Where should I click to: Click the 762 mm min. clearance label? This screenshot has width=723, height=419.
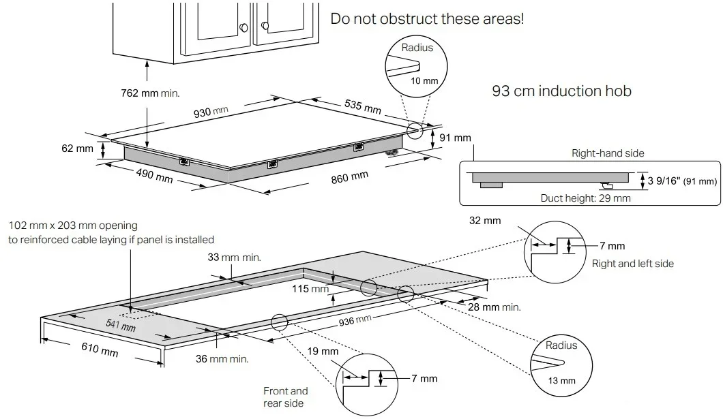(x=151, y=93)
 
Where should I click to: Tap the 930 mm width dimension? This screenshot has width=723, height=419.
(x=211, y=112)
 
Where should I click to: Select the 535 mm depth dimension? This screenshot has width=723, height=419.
(x=362, y=106)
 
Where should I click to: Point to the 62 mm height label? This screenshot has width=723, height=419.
(x=77, y=149)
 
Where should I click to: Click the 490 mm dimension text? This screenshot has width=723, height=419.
(x=153, y=175)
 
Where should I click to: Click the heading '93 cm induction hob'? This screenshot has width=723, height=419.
(x=561, y=91)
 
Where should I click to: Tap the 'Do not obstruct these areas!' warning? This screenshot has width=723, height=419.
(x=427, y=18)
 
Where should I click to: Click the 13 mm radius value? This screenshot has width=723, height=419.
(x=562, y=380)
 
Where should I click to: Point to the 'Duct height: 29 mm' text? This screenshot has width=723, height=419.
(x=585, y=198)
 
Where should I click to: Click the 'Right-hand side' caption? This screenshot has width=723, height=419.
(x=608, y=153)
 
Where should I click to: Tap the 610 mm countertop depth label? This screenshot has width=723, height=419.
(x=100, y=350)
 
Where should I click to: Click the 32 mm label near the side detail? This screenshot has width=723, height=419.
(x=485, y=220)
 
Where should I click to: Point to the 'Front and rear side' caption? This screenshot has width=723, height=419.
(x=286, y=397)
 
